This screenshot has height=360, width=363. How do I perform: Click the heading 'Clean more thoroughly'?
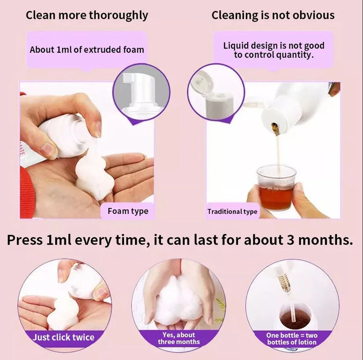(87, 16)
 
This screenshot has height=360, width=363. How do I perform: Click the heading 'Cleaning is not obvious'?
(273, 16)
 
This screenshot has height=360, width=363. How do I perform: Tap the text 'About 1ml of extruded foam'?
(87, 50)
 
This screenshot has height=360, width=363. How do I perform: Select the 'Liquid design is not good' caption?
(274, 46)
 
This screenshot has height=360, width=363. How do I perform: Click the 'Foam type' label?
(128, 211)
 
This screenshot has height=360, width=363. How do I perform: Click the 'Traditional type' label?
(232, 212)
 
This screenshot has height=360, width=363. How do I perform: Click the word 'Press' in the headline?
(25, 240)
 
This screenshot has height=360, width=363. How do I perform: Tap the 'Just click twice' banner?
(64, 337)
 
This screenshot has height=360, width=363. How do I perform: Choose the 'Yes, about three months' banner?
(179, 338)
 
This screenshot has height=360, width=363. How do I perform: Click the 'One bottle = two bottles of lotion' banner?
(292, 339)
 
